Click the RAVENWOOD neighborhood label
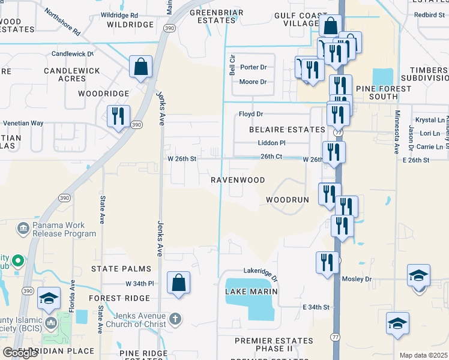click(x=238, y=180)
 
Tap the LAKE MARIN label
click(x=251, y=292)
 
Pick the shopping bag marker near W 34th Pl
click(x=178, y=283)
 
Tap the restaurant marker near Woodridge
click(x=118, y=116)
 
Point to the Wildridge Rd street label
click(x=119, y=15)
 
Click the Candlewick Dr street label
click(x=73, y=53)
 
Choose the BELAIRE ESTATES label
click(x=288, y=129)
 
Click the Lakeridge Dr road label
click(x=261, y=274)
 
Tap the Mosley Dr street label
click(x=357, y=279)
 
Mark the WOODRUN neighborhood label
click(x=287, y=199)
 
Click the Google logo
click(x=20, y=353)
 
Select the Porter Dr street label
click(x=253, y=67)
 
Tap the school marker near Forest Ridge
click(x=49, y=299)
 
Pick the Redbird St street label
click(x=429, y=14)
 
